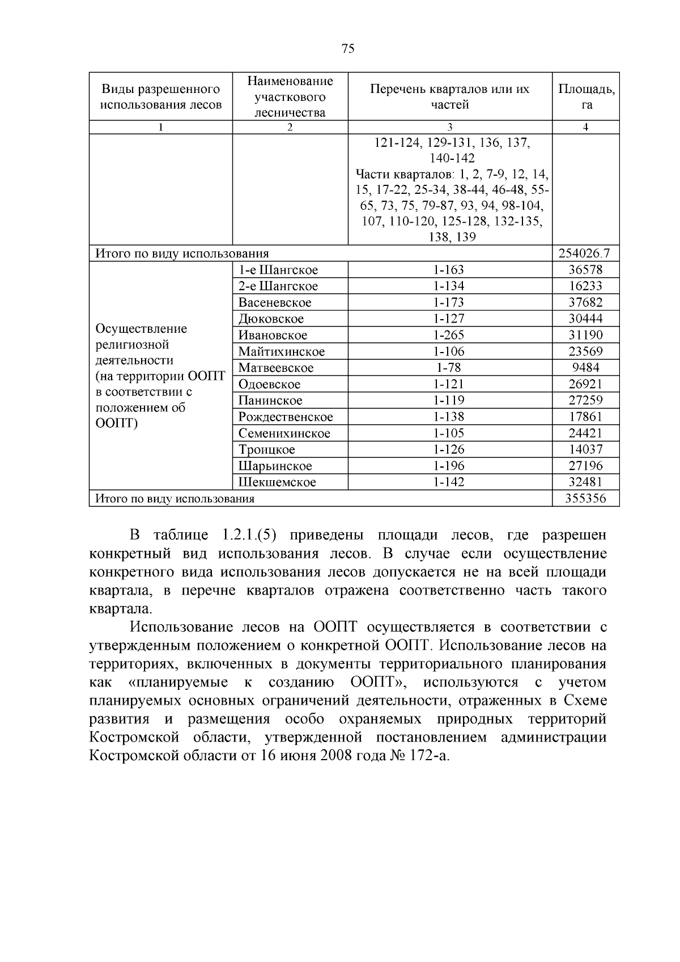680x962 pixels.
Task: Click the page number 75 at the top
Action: tap(348, 49)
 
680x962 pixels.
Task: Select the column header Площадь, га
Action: tap(586, 96)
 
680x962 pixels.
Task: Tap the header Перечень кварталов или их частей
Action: tap(450, 96)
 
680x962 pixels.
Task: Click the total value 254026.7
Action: tap(586, 253)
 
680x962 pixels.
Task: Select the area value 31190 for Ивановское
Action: tap(586, 335)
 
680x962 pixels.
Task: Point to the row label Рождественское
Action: tap(286, 417)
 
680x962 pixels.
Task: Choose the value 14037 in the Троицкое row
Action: tap(586, 450)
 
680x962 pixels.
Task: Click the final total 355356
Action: tap(586, 499)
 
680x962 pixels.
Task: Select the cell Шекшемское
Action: tap(277, 482)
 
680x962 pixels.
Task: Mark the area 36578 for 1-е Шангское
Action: tap(586, 270)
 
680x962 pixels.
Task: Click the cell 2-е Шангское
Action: tap(278, 286)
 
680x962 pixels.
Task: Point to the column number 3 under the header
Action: tap(450, 128)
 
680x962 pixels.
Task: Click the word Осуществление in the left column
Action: tap(142, 329)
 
